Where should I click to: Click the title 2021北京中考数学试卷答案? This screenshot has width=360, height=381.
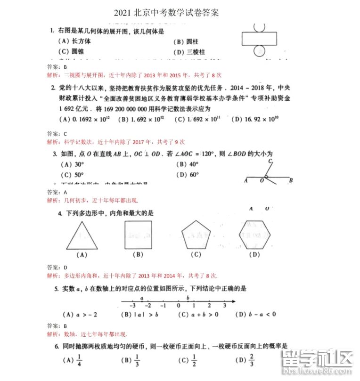[166, 13]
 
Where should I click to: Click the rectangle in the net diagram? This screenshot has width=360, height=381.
[259, 38]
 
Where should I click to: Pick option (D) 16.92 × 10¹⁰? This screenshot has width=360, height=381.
[255, 120]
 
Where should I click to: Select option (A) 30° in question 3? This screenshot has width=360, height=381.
[73, 164]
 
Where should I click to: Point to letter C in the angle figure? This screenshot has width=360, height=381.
[270, 161]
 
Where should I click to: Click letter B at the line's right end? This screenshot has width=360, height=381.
[291, 180]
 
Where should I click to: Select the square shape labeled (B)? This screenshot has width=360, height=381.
[138, 235]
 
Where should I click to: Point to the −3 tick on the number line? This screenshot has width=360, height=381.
[133, 306]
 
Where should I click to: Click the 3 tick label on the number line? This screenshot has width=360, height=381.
[224, 306]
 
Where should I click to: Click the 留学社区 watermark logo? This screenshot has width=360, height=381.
[316, 362]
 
